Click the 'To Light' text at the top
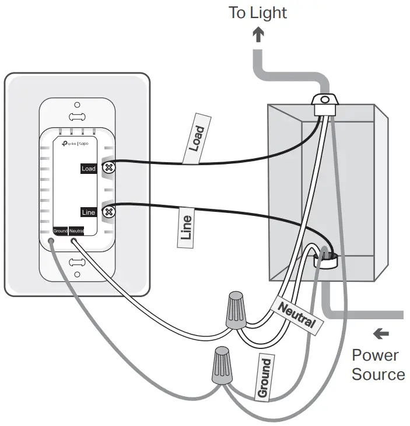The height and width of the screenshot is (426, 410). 258,12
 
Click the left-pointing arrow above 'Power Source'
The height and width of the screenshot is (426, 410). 381,333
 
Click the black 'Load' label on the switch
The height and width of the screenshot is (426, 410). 88,169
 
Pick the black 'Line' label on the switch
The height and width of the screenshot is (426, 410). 88,212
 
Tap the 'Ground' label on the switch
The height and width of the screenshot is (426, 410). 61,231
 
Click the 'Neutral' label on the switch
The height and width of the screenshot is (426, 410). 76,231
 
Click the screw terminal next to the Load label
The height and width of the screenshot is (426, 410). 108,168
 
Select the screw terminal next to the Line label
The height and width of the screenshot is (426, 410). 108,212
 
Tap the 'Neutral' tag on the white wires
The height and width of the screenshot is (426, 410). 296,315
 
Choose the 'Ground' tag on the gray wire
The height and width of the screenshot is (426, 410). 264,378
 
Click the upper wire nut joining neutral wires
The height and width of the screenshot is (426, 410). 236,310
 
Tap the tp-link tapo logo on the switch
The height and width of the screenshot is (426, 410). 75,143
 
